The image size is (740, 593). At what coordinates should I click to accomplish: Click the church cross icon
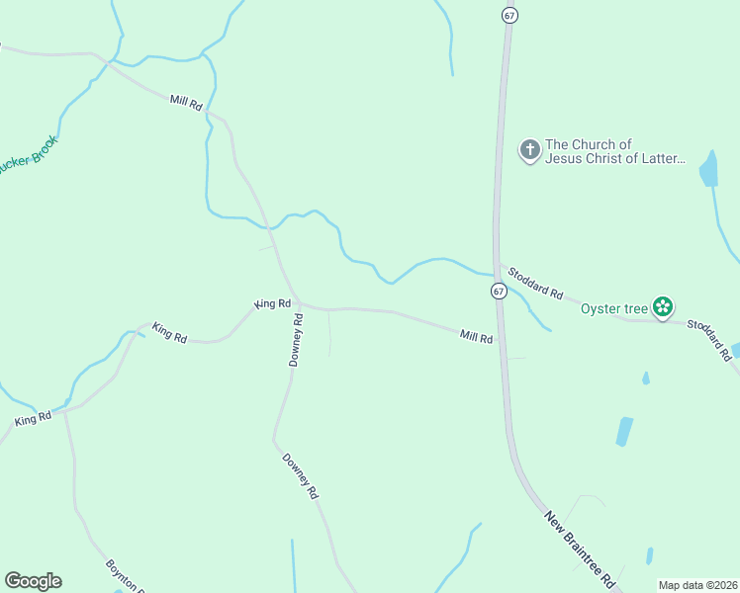(x=530, y=150)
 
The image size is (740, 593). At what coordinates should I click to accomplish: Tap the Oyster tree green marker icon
(x=662, y=307)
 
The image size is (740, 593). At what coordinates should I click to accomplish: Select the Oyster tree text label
(x=613, y=308)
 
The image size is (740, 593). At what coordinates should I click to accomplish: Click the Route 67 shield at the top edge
(x=509, y=15)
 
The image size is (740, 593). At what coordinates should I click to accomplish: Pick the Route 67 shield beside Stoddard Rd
(x=499, y=292)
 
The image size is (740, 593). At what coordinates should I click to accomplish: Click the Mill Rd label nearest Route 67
(x=476, y=337)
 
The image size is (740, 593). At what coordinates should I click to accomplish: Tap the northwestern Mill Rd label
(x=186, y=102)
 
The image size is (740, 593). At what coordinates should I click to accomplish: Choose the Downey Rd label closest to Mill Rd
(x=296, y=340)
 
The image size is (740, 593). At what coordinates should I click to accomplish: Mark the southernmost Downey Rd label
(x=301, y=475)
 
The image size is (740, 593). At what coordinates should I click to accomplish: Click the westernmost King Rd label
(x=33, y=420)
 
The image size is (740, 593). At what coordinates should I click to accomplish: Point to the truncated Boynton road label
(x=126, y=576)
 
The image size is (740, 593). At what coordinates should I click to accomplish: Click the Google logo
(x=34, y=581)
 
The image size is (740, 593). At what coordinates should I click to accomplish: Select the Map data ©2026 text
(x=698, y=585)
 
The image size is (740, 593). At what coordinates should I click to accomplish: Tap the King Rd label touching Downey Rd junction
(x=272, y=303)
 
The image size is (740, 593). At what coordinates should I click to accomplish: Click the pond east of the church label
(x=708, y=170)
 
